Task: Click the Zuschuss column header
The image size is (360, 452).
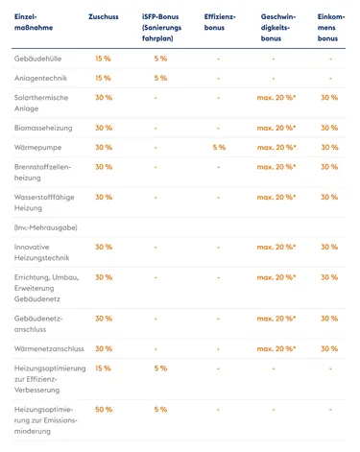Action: point(104,17)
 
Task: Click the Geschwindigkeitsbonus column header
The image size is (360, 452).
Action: point(277,29)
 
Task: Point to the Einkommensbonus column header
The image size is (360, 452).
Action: point(328,29)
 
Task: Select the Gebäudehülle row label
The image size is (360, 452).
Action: point(38,59)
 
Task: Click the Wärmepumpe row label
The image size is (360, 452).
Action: point(38,147)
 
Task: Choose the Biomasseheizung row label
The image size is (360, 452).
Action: point(45,127)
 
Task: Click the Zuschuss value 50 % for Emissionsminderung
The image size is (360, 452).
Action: point(104,409)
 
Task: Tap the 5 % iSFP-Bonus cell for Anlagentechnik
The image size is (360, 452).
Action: point(160,78)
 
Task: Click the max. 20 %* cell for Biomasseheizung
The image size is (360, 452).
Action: point(277,127)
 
